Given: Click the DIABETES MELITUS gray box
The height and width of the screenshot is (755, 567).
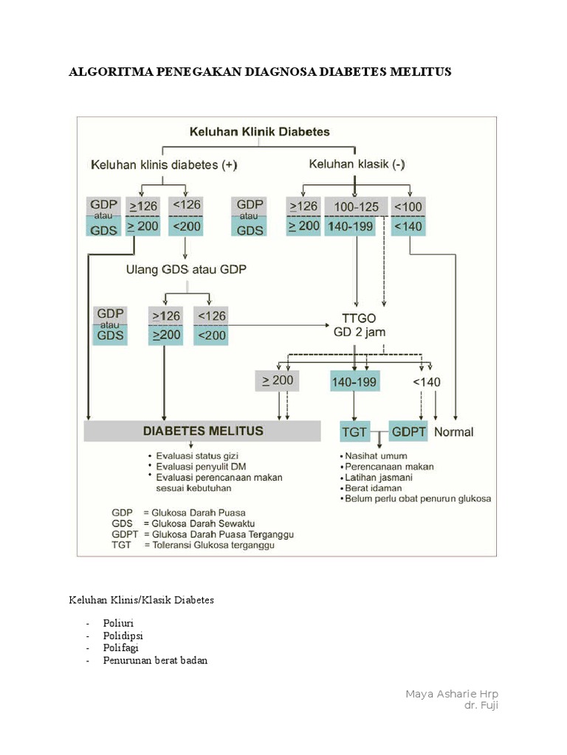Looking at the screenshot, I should [202, 431].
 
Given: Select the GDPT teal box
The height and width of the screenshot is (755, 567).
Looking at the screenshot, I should [408, 432].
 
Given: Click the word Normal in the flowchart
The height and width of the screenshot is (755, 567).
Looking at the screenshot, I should [454, 432].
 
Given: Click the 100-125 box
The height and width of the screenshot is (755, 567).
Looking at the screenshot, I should [357, 206].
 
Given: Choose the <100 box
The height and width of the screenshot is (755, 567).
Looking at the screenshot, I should [408, 206].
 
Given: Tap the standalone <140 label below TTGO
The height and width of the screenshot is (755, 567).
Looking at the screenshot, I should [426, 381].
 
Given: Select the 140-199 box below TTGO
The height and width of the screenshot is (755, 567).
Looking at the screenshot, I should [354, 382].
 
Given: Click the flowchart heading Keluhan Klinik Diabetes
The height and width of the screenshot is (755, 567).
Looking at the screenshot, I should [260, 133].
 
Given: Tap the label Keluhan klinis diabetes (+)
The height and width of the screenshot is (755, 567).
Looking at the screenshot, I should [164, 164].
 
